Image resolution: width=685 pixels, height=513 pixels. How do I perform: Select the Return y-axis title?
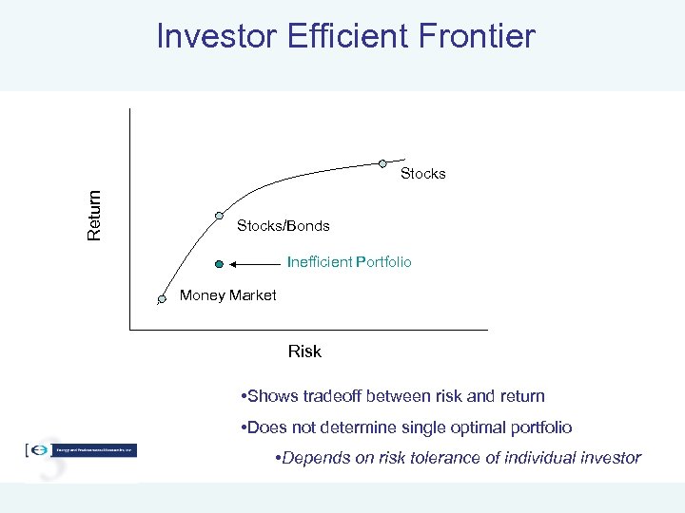click(x=94, y=215)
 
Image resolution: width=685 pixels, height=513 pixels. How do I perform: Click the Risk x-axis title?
click(x=304, y=351)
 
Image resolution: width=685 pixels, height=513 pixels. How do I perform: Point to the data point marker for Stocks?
click(x=383, y=162)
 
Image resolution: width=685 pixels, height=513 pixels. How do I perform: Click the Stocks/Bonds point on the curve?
click(x=219, y=216)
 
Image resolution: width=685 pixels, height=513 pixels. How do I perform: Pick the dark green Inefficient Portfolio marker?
click(x=219, y=263)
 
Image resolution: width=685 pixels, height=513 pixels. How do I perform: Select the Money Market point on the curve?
click(x=162, y=299)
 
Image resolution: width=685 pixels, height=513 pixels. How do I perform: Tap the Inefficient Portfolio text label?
click(x=349, y=261)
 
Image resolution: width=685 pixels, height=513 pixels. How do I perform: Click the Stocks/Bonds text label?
click(x=283, y=226)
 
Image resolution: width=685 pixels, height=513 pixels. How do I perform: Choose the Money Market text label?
click(x=227, y=295)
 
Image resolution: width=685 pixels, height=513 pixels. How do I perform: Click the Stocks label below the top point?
click(x=422, y=174)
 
